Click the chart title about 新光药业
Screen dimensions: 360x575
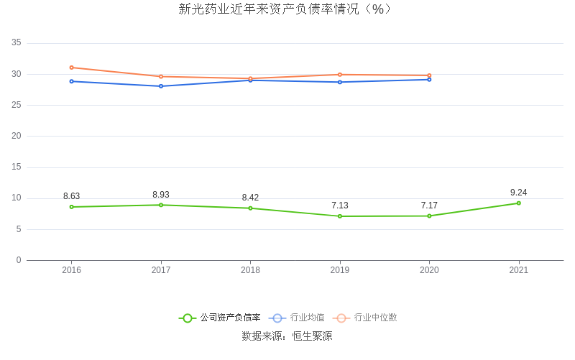tap(287, 9)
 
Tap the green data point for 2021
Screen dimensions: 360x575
tap(518, 203)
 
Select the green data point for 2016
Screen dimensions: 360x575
tap(72, 207)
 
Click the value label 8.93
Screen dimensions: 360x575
tap(161, 195)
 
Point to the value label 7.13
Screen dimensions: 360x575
tap(340, 206)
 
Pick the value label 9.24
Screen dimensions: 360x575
tap(518, 193)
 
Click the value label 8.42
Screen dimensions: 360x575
tap(250, 198)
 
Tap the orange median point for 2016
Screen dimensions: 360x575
tap(72, 68)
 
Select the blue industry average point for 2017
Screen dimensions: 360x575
tap(161, 86)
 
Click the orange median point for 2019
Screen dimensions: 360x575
tap(340, 75)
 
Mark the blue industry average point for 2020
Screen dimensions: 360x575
tap(429, 79)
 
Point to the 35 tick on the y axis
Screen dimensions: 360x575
tap(17, 43)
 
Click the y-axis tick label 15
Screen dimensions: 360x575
tap(17, 167)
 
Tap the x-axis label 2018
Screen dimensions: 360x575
tap(250, 270)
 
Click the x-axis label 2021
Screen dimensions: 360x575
tap(518, 270)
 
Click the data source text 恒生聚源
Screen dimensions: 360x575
tap(309, 336)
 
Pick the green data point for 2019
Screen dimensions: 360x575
tap(340, 216)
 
